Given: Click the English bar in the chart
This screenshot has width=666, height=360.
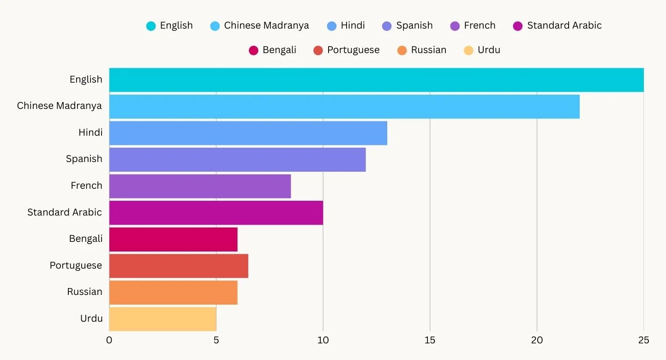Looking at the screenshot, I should pos(376,80).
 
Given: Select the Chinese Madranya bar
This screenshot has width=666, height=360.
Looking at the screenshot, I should pos(344,107).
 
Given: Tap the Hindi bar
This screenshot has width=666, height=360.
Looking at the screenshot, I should pos(248,133).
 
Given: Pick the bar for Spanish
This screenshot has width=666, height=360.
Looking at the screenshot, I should pos(237,160).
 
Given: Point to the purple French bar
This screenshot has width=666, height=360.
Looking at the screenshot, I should pos(200,186).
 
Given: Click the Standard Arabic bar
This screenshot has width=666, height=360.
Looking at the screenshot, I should pos(216,213).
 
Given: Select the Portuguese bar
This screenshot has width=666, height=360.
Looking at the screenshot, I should pos(179,266).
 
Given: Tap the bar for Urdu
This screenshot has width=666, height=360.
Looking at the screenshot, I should pos(162,319).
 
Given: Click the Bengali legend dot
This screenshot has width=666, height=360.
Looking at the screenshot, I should pos(253,50).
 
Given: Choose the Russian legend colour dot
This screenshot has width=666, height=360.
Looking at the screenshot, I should pos(402,50).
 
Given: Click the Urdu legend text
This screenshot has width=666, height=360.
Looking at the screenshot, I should pos(489,50).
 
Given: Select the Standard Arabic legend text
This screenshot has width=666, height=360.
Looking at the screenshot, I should pos(564,25).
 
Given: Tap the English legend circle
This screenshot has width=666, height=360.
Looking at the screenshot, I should pos(151,26).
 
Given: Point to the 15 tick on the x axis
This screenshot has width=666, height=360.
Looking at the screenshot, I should pos(430,341).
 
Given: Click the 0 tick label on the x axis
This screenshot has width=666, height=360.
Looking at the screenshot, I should pos(109,341).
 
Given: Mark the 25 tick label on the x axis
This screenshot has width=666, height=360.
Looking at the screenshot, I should pos(643,341).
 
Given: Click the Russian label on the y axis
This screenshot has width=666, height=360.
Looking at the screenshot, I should pos(84,292).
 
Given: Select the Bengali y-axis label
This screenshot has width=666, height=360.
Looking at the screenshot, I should pos(85,239).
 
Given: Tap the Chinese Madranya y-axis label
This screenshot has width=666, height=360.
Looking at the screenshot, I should pos(59,106).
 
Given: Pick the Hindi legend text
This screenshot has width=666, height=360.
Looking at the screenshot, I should pos(353,25).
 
